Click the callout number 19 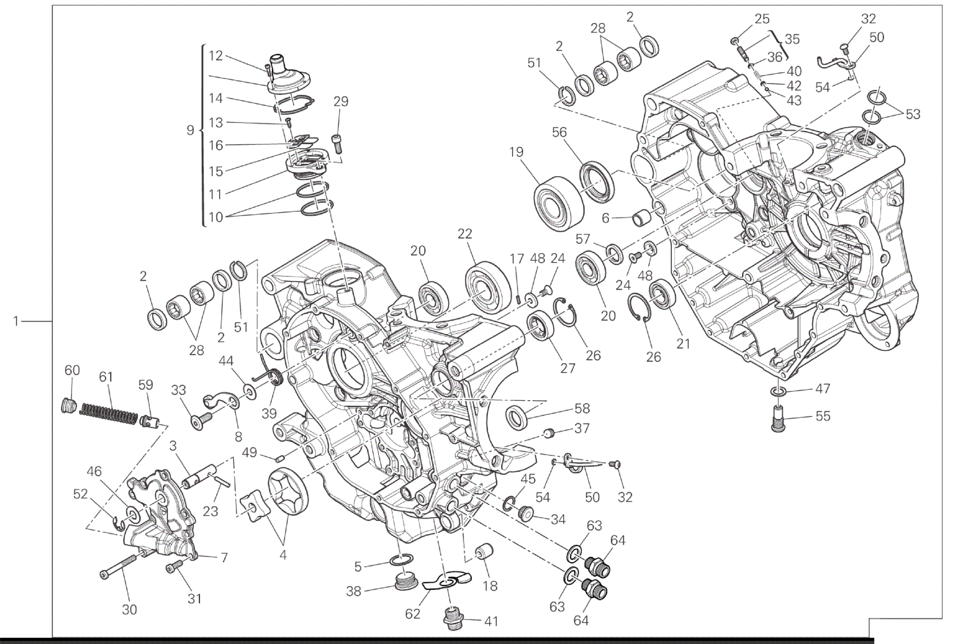517,152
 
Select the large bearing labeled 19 558,203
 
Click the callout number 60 72,370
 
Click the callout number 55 822,416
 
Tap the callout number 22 464,234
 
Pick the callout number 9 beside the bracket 190,131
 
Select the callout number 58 582,408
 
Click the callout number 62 413,614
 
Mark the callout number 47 822,389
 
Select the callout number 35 792,39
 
